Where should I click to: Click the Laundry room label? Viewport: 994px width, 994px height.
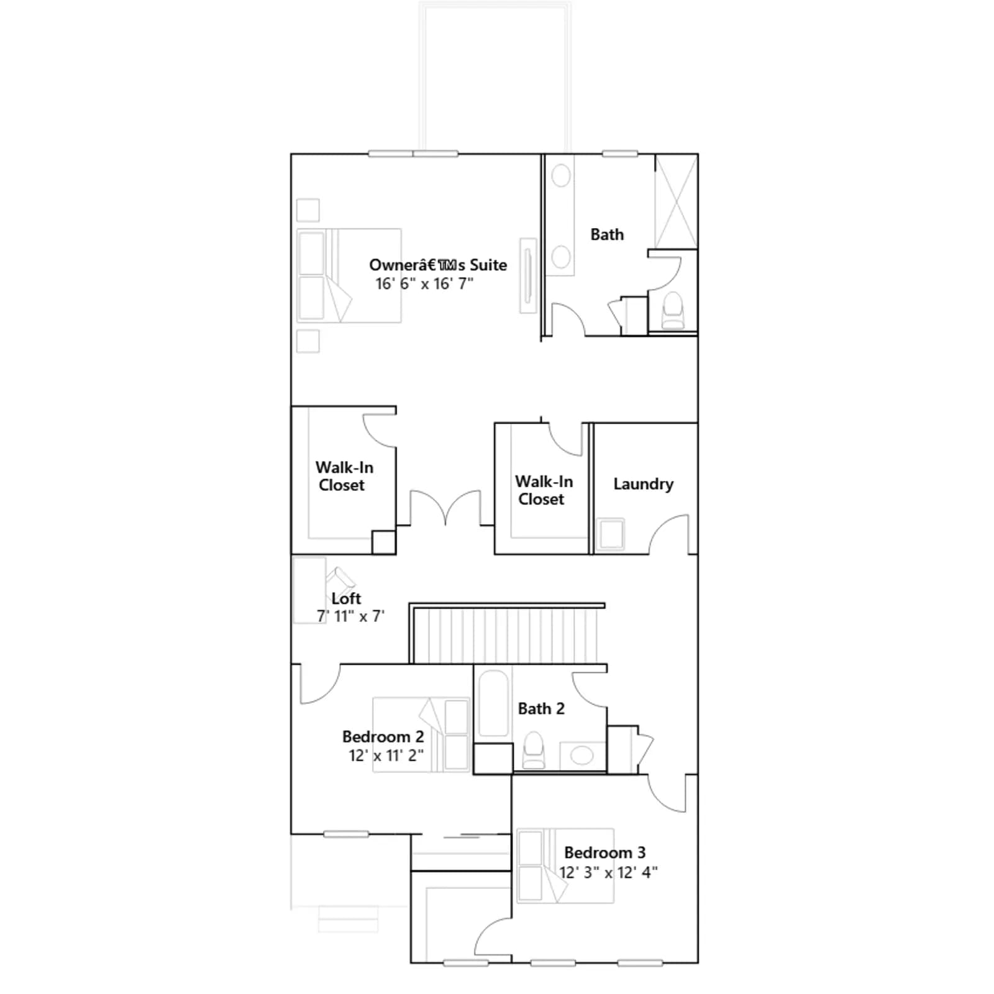point(643,485)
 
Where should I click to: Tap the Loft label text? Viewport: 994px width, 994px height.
point(346,598)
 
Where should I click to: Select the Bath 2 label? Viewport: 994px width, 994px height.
point(541,709)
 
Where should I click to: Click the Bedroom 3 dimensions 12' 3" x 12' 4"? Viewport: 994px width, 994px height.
point(608,872)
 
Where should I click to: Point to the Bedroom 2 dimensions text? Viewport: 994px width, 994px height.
point(386,755)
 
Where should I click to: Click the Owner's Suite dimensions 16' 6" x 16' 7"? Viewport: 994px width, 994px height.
point(424,284)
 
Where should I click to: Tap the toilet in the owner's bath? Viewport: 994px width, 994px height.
point(673,310)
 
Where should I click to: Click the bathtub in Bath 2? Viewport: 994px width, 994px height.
point(494,703)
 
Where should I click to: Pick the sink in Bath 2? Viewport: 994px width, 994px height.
point(582,756)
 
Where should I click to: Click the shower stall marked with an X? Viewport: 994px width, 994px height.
point(676,202)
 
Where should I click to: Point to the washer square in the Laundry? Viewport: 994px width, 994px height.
point(611,535)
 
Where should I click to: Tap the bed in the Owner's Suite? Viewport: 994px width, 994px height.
point(349,275)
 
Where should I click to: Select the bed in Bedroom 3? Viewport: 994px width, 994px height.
point(565,865)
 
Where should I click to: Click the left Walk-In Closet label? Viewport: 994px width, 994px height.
point(344,476)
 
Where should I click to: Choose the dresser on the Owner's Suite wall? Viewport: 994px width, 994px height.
point(528,276)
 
